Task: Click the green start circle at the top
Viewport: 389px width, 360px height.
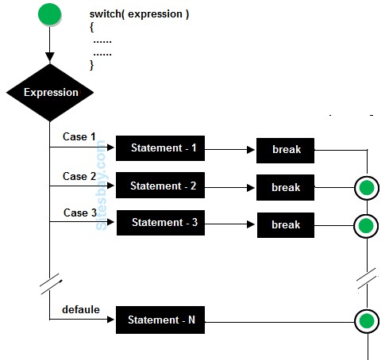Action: (49, 14)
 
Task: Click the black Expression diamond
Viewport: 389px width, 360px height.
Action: (50, 93)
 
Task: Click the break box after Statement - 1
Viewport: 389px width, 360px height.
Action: (286, 149)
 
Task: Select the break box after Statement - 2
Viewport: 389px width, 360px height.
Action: (286, 187)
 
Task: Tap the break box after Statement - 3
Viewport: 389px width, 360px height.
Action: (286, 224)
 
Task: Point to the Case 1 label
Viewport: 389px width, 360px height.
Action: (79, 136)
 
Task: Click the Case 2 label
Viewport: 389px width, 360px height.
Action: (79, 176)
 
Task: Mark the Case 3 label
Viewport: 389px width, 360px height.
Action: (79, 213)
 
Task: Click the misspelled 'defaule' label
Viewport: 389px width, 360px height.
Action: (81, 309)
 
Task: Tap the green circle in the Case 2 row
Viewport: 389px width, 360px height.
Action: (366, 188)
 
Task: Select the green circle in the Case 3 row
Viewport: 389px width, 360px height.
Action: (366, 226)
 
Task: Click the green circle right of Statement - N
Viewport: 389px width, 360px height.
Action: (366, 321)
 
